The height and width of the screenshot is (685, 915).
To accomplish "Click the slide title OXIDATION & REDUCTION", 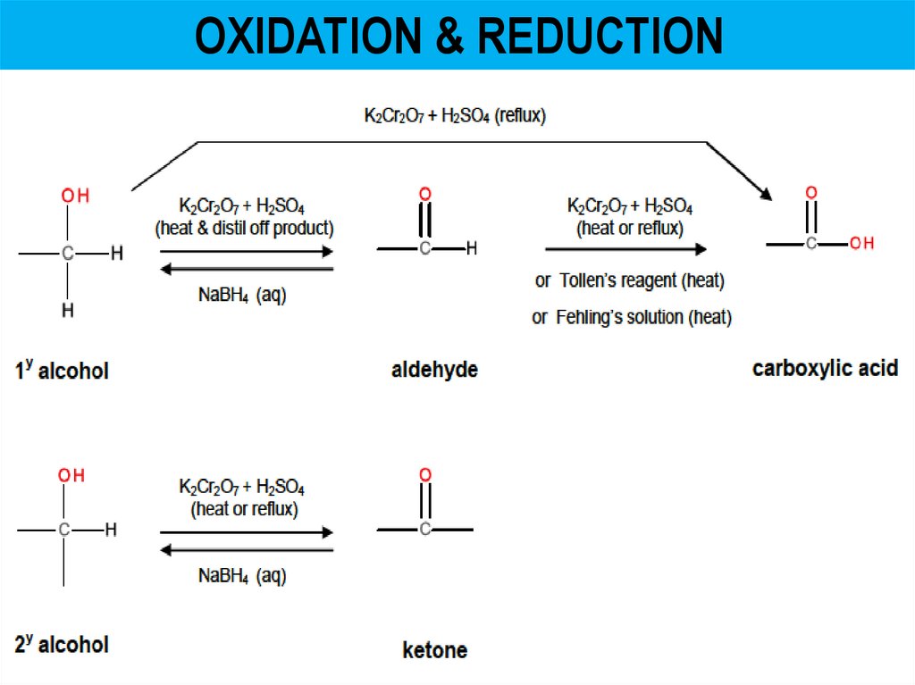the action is [458, 37].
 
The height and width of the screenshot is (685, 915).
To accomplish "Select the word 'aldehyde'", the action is [434, 370].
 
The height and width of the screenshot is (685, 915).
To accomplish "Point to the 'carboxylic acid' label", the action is [825, 368].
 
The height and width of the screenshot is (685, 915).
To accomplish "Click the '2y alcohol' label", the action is [62, 645].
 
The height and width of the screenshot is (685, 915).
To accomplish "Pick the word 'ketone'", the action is [434, 649].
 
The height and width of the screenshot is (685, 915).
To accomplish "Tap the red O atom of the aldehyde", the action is [424, 194].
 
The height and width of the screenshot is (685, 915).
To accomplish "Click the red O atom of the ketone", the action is [424, 474].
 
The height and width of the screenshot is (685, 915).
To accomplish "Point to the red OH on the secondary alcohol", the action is [71, 476].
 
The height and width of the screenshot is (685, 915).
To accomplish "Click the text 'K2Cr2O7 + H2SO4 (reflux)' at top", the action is [455, 115].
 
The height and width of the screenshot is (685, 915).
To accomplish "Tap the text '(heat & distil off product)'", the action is [245, 228].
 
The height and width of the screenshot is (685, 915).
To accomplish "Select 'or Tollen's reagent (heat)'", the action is [629, 280].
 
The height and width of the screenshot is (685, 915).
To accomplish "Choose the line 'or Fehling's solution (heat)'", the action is [631, 317].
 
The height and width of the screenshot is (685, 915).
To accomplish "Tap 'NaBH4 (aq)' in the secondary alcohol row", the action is [242, 576].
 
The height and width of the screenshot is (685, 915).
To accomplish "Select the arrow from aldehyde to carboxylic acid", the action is [625, 250].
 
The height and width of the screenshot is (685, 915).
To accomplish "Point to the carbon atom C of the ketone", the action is [424, 530].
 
